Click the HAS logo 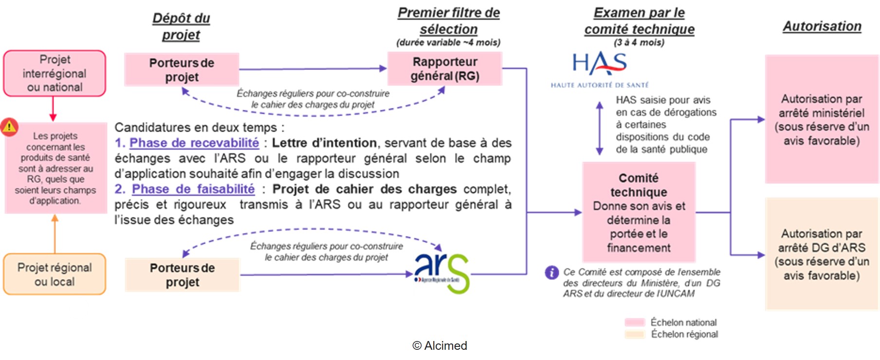[600, 70]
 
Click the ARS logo [441, 273]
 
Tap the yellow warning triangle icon [9, 126]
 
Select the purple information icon [551, 272]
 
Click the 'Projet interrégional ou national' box [55, 73]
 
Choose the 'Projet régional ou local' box [55, 274]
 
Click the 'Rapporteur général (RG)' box [445, 69]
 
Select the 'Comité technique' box [639, 212]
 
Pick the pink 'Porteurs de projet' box [182, 70]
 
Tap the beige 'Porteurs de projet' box [183, 275]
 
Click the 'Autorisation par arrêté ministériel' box [822, 119]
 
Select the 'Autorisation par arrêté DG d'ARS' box [822, 254]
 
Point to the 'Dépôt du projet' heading [181, 26]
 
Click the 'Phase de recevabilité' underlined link [194, 143]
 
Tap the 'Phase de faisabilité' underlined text [193, 189]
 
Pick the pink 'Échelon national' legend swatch [635, 323]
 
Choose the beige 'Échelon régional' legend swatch [635, 334]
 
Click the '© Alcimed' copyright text [440, 345]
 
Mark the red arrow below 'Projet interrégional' [53, 109]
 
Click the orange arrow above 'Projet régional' [55, 234]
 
